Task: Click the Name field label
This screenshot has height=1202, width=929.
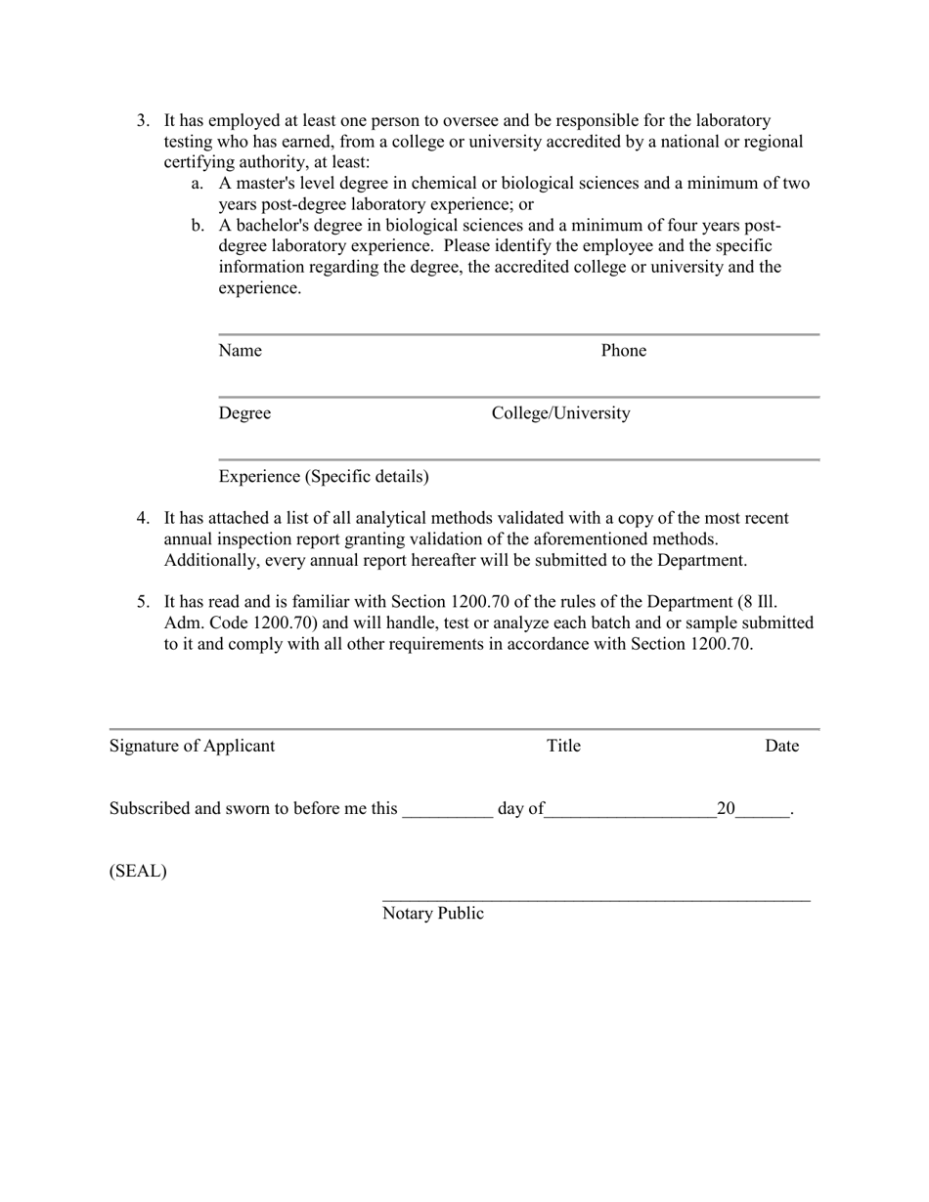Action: click(x=240, y=351)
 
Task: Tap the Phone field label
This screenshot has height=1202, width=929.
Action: click(x=623, y=351)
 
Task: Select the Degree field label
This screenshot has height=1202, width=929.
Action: click(x=244, y=413)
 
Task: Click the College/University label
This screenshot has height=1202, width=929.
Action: click(x=560, y=413)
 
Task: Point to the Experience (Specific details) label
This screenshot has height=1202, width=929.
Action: click(x=324, y=477)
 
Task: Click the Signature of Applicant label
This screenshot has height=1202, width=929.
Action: click(x=192, y=746)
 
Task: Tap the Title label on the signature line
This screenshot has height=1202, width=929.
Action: click(x=563, y=746)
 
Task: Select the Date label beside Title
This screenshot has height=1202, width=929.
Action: click(x=781, y=746)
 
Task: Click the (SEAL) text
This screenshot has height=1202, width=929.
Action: click(x=138, y=871)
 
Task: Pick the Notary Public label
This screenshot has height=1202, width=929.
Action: click(x=432, y=914)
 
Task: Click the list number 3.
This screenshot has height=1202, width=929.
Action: click(x=143, y=120)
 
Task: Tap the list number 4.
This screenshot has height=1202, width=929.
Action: click(x=143, y=518)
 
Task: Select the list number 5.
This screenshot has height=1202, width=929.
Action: click(x=143, y=601)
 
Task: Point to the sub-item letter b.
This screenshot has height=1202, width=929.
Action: click(x=198, y=226)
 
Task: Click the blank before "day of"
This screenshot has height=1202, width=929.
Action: click(x=447, y=812)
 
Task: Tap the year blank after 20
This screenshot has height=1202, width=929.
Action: click(x=762, y=812)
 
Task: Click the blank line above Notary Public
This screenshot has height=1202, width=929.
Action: click(x=596, y=898)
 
